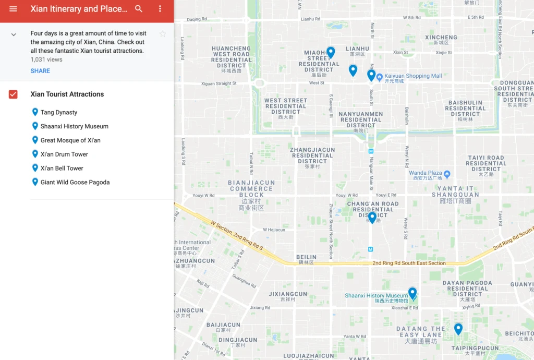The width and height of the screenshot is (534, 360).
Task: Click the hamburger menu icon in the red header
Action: coord(13,9)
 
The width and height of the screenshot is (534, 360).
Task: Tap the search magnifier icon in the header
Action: coord(139,9)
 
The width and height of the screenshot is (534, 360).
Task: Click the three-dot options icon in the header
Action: coord(160,9)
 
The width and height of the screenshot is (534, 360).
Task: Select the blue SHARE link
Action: coord(40,71)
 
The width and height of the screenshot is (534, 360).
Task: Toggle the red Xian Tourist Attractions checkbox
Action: coord(13,94)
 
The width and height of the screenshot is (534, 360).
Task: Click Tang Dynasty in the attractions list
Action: coord(59,112)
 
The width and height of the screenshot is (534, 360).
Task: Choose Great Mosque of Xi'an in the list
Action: coord(70,140)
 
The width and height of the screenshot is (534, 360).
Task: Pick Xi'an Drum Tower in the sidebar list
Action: coord(64,154)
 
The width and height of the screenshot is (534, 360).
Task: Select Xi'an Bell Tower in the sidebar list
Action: coord(62,169)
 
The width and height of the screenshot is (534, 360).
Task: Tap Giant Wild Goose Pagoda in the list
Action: coord(75,183)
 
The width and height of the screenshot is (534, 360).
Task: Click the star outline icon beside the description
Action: coord(163,34)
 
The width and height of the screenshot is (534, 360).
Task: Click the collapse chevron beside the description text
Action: coord(14,34)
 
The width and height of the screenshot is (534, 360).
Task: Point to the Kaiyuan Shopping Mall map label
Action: coord(413,76)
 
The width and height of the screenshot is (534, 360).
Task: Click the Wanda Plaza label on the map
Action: coord(425,173)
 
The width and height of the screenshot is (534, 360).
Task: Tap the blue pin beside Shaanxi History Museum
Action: coord(412,293)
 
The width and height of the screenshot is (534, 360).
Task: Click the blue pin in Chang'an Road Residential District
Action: coord(372,217)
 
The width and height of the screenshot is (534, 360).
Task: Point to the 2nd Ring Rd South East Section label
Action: coord(409,263)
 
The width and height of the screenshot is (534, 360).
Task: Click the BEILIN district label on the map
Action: coord(306,257)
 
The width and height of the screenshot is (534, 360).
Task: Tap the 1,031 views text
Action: coord(46,59)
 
